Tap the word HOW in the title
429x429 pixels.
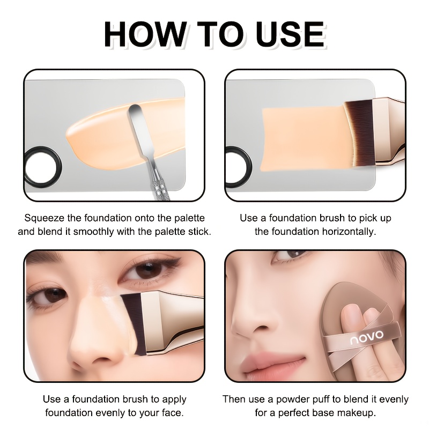pos(145,34)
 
